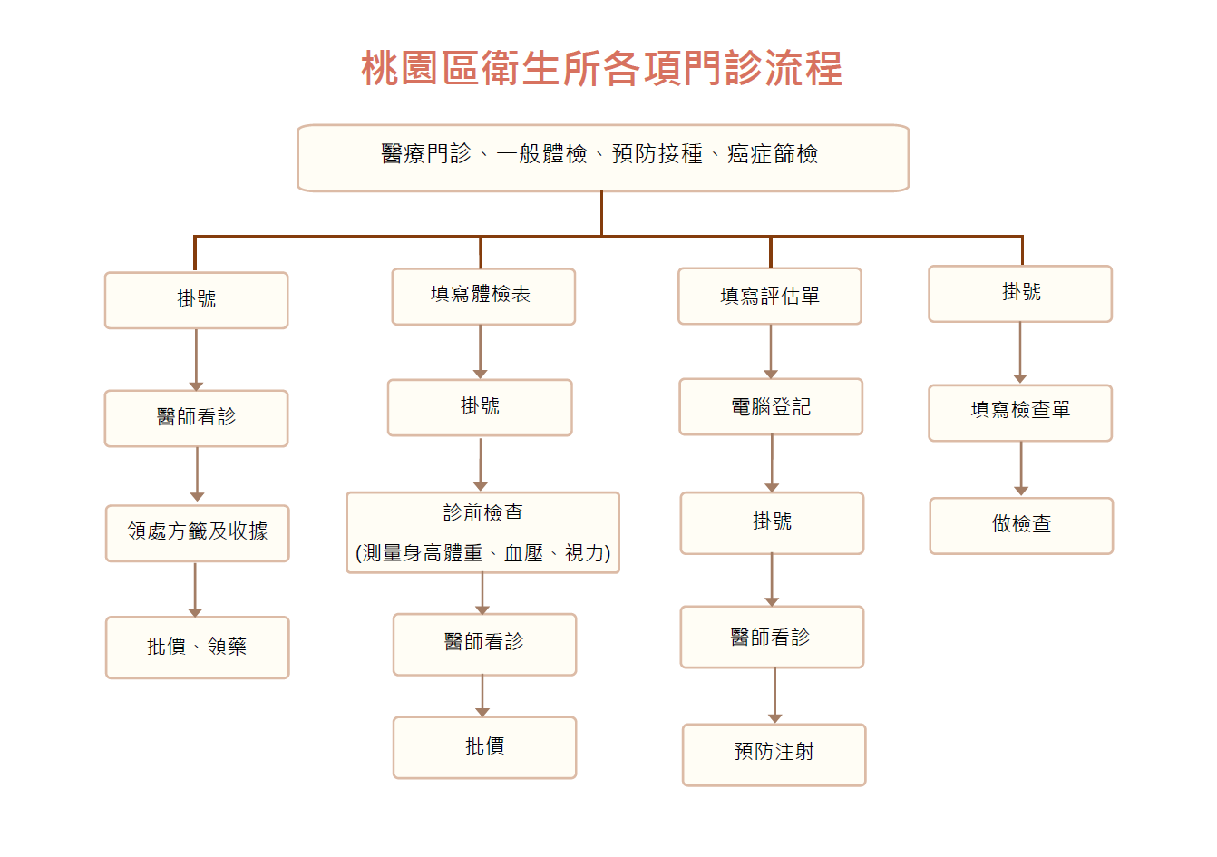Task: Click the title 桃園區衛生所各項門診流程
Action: point(602,68)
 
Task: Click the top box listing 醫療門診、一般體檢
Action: point(603,158)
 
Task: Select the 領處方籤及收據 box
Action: point(197,533)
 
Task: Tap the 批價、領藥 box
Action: point(197,648)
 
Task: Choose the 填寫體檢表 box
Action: point(483,297)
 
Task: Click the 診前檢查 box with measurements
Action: point(483,532)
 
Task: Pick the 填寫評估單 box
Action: point(770,297)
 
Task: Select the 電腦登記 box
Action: point(771,406)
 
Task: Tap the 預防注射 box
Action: point(774,755)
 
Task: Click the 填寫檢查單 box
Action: point(1020,413)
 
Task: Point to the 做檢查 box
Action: point(1021,526)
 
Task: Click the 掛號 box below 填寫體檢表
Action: point(480,407)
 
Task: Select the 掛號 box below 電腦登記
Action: point(772,523)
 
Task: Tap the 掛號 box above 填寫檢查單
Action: point(1020,294)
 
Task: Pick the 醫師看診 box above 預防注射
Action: point(772,637)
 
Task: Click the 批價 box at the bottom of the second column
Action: point(484,748)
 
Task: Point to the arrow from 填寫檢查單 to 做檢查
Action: point(1021,469)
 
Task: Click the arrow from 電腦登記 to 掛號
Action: point(772,463)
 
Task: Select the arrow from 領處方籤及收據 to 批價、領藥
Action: point(195,589)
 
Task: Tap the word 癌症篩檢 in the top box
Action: point(773,154)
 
